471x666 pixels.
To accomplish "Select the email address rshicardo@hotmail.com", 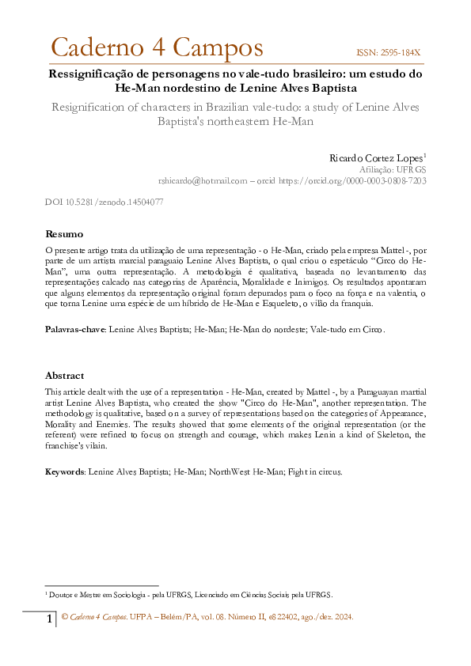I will point(203,180).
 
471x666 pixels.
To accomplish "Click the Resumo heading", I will point(63,234).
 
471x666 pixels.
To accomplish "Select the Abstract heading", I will point(65,376).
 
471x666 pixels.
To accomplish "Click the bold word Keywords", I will point(64,471).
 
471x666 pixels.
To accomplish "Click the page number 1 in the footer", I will point(49,618).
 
